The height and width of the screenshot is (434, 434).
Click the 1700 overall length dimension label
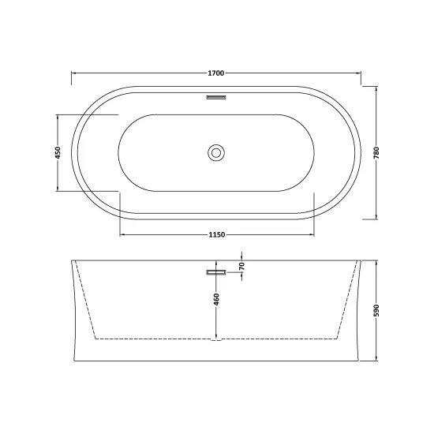pos(216,73)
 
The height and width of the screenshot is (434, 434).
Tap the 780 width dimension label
pos(376,153)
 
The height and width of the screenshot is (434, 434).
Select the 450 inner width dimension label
pos(58,153)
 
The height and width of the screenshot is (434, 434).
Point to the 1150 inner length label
pos(217,234)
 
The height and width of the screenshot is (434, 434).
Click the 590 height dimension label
pos(376,311)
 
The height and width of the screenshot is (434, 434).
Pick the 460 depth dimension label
pos(216,300)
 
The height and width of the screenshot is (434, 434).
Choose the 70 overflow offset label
pos(242,266)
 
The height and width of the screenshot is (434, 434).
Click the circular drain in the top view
pos(216,153)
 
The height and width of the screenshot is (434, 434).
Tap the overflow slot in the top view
pos(216,97)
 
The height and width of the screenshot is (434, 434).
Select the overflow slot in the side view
pos(216,272)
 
